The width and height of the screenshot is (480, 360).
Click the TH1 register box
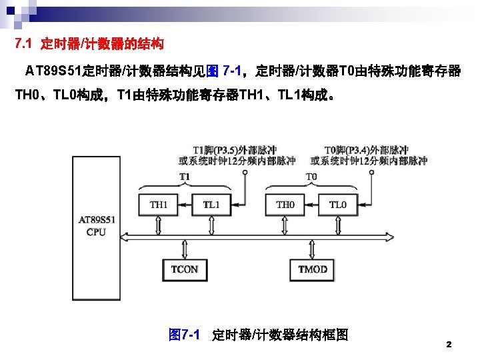(159, 205)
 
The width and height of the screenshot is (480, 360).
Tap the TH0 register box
(285, 205)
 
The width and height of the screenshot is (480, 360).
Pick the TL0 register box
(338, 205)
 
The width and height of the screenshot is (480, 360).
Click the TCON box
(185, 269)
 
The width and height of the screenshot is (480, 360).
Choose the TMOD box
(313, 269)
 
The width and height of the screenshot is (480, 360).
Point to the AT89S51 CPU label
(97, 225)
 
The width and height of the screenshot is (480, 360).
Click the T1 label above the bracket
(185, 176)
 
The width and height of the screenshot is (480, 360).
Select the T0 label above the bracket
(311, 176)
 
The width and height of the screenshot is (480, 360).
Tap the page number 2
(449, 345)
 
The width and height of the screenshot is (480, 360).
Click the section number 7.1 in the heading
(25, 45)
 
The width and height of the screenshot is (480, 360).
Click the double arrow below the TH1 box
(159, 225)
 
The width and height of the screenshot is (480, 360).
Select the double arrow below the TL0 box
(338, 225)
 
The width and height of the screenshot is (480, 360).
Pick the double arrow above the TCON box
(185, 247)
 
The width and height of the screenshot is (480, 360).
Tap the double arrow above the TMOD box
(313, 247)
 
